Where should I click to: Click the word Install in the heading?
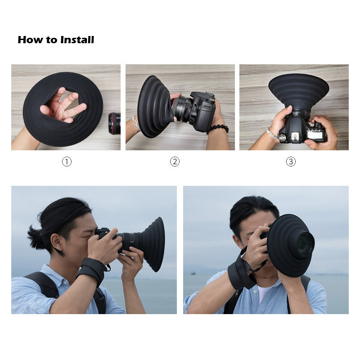click(x=77, y=40)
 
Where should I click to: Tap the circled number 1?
click(x=67, y=162)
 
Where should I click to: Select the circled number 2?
click(x=175, y=162)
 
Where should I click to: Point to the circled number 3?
click(x=291, y=162)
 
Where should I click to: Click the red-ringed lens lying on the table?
click(x=115, y=123)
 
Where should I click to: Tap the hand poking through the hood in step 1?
click(x=63, y=105)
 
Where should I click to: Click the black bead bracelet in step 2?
click(x=219, y=129)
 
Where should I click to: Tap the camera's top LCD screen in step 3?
click(x=314, y=135)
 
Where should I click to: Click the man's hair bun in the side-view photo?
click(x=36, y=237)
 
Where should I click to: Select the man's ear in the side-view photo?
click(x=56, y=243)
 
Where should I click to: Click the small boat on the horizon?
click(x=193, y=274)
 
